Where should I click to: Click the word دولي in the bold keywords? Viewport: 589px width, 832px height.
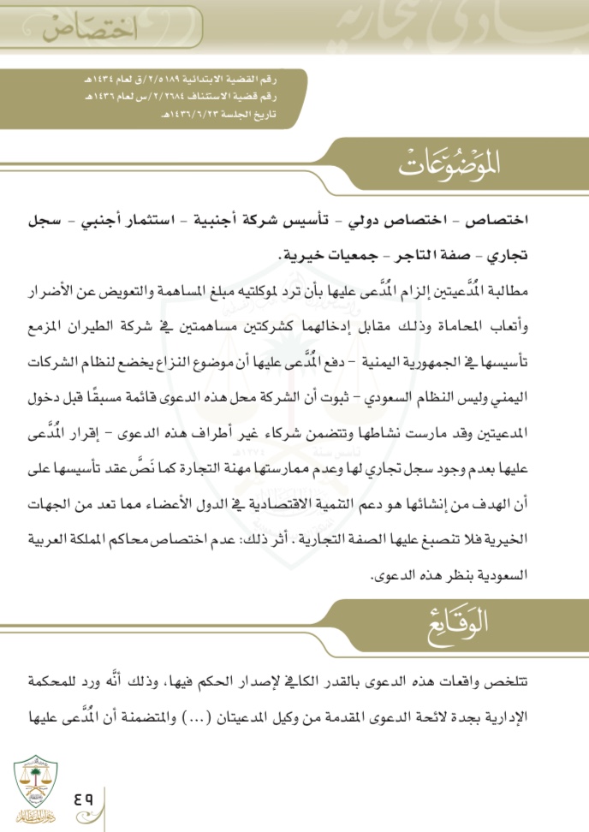[383, 221]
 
